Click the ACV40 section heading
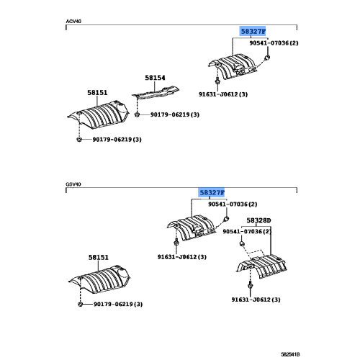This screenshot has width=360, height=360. point(73,22)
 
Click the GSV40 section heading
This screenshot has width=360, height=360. point(73,184)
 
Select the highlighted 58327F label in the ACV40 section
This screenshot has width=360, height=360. point(253,31)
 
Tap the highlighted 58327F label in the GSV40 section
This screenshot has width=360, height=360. point(212,192)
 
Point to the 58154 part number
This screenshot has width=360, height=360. point(155,78)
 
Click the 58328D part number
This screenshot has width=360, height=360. point(258,220)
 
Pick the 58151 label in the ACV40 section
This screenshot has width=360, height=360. point(97,93)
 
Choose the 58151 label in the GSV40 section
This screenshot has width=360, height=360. point(99,258)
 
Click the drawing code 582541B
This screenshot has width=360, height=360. point(290,354)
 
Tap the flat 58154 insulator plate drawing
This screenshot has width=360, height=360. point(156,92)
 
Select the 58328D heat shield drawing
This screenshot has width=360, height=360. point(261,266)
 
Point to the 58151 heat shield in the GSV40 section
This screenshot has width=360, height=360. point(99,280)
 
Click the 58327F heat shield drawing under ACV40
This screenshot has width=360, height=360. point(233,66)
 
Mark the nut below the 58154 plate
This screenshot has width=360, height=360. point(137,114)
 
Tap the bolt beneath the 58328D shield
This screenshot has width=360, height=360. point(250,285)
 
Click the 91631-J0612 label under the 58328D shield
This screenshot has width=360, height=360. point(256,300)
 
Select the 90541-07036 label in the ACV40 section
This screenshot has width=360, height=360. point(274,43)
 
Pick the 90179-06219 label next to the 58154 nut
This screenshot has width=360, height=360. point(175,114)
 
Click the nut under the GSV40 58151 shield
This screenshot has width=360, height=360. point(80,305)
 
